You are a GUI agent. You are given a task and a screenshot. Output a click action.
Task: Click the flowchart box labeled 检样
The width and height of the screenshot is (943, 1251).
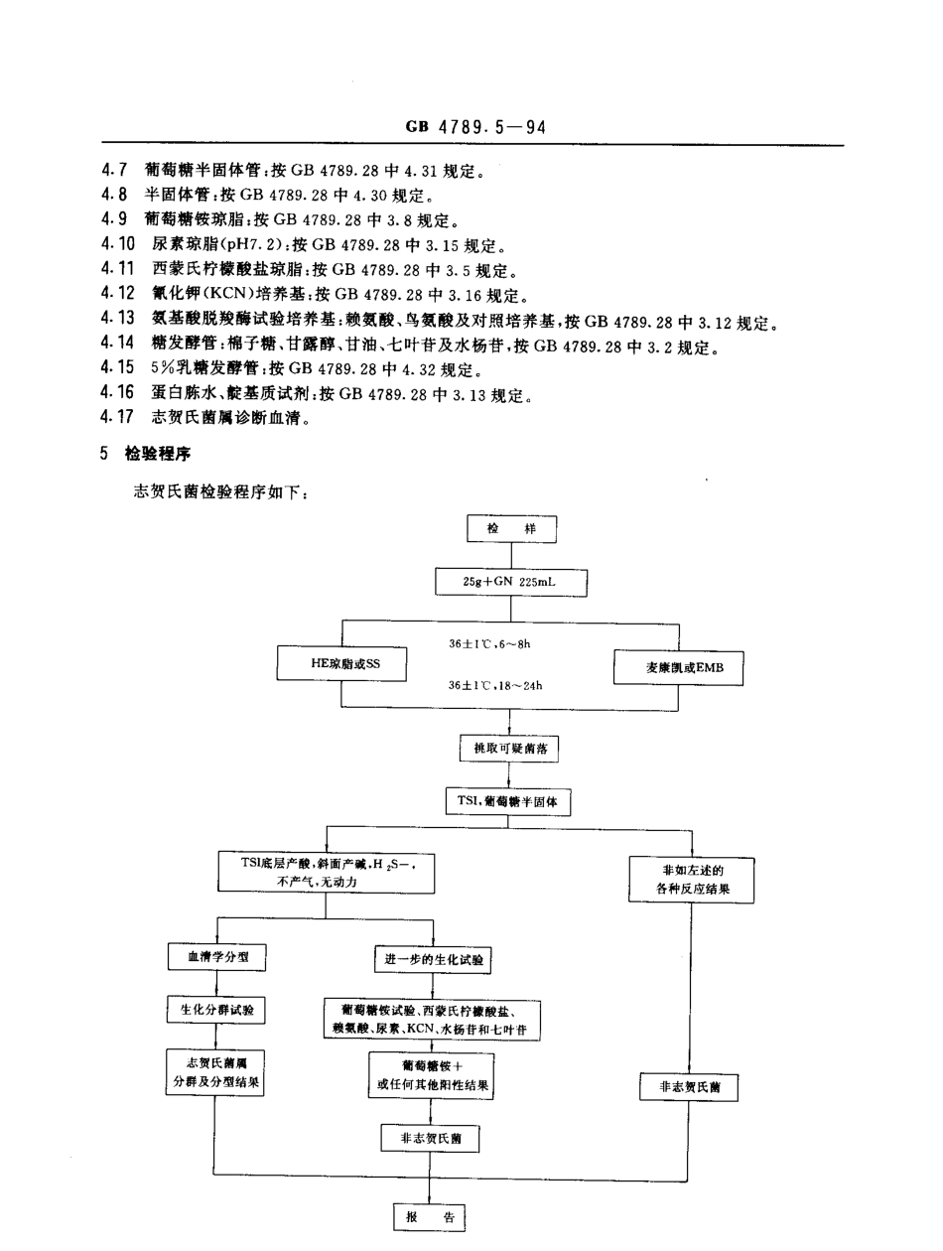(511, 529)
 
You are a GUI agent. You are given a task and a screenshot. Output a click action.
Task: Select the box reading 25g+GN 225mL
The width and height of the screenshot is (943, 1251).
(511, 582)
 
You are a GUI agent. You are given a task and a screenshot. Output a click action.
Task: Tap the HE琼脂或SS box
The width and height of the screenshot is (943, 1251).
(341, 663)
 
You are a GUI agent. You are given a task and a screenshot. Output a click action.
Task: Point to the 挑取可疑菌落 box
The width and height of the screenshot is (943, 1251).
(510, 749)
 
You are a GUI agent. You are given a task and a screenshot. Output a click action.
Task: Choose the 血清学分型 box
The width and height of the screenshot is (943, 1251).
(216, 957)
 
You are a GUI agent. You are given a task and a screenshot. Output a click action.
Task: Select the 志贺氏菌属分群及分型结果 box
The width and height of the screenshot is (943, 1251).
(215, 1072)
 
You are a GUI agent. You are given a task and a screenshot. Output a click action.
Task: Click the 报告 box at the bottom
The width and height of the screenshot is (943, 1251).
(430, 1217)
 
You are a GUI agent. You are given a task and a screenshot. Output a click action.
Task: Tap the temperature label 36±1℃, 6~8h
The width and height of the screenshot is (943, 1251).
(489, 643)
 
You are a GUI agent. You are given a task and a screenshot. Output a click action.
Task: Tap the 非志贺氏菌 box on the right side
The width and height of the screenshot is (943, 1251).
(689, 1087)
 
